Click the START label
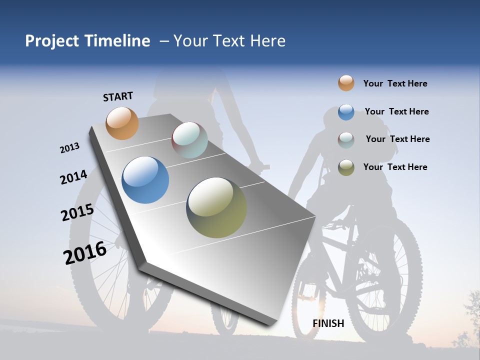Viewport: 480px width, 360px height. click(x=118, y=96)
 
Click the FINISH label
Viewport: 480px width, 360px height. click(x=328, y=323)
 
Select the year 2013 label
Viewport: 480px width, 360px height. click(x=69, y=148)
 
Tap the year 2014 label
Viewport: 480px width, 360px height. click(x=73, y=177)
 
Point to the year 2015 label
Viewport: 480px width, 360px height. click(x=77, y=212)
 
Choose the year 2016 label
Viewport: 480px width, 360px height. click(x=84, y=252)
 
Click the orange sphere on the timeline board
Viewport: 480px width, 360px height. click(x=122, y=123)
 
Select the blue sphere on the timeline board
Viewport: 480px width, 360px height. click(x=145, y=180)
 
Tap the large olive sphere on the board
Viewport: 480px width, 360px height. click(x=216, y=207)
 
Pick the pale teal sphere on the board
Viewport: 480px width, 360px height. click(x=189, y=140)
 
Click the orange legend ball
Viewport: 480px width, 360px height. click(x=346, y=83)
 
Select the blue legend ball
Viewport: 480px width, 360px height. click(x=346, y=112)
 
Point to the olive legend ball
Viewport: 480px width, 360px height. click(x=346, y=167)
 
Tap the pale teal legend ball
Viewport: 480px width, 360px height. click(x=346, y=140)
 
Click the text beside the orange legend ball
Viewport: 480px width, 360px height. click(x=395, y=84)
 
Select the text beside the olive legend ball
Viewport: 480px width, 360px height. click(x=395, y=167)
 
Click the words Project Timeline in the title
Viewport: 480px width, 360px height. click(x=87, y=41)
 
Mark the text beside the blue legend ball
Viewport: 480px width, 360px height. click(x=396, y=111)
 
